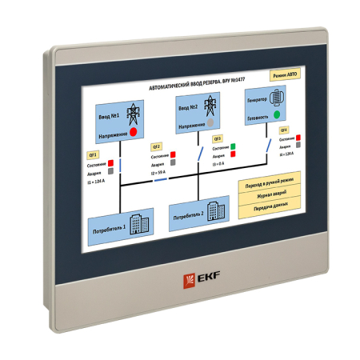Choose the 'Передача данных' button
(268, 206)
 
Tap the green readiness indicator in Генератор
(277, 114)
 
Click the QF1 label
(93, 154)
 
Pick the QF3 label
(217, 138)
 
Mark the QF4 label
(284, 129)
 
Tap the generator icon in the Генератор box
(278, 95)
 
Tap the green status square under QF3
(234, 146)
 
